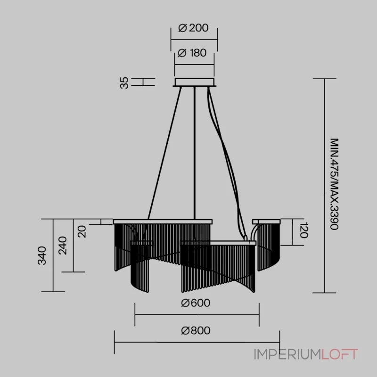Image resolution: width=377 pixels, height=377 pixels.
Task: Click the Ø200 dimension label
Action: (x=193, y=28)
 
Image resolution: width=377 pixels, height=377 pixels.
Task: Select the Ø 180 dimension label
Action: (x=192, y=53)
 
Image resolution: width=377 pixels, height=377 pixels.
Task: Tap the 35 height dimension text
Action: (x=124, y=83)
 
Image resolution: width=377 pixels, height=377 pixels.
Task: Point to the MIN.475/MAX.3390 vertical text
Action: (x=334, y=184)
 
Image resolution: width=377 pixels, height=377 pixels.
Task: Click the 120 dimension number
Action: (x=304, y=230)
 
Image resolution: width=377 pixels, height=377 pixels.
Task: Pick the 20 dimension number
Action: (x=82, y=231)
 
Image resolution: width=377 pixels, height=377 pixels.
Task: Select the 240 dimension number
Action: (x=63, y=245)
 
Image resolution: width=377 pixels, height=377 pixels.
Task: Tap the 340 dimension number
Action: (x=42, y=255)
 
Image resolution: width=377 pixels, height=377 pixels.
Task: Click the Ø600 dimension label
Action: (x=196, y=303)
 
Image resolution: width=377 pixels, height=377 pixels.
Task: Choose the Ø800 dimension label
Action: (x=196, y=330)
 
